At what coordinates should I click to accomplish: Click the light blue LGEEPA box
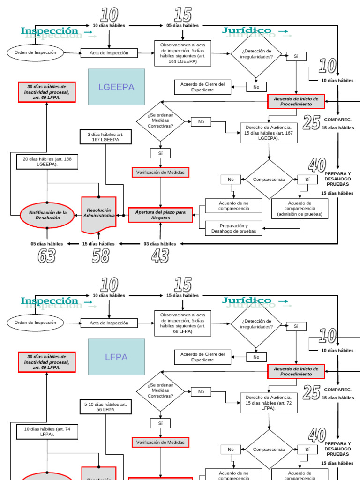pos(116,87)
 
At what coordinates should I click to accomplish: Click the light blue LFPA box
pos(116,357)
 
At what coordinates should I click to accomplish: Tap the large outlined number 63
pos(46,256)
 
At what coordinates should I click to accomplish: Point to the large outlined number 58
pos(100,256)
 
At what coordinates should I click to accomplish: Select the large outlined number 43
pos(160,256)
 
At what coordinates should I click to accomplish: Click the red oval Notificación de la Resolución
pos(47,215)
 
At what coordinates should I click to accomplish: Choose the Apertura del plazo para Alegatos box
pos(160,215)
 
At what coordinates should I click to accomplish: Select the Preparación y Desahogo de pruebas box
pos(233,228)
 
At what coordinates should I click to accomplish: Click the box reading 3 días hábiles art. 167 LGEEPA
pos(105,137)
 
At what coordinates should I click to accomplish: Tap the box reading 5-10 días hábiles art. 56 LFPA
pos(105,407)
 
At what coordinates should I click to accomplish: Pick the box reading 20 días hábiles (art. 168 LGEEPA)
pos(47,162)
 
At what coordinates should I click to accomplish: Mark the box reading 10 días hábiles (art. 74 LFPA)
pos(47,432)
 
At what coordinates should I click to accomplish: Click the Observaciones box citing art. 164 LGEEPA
pos(183,53)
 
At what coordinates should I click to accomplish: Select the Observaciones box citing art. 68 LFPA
pos(183,323)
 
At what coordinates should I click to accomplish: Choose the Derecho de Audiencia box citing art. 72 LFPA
pos(269,403)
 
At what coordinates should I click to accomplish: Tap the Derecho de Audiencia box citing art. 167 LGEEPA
pos(269,133)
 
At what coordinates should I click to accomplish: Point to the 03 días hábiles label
pos(160,244)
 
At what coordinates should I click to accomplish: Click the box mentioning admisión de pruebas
pos(300,209)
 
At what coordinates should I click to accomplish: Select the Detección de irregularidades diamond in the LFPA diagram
pos(256,324)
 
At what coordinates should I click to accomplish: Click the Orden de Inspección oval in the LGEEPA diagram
pos(35,52)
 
